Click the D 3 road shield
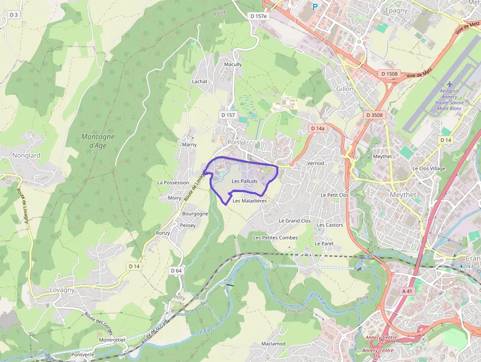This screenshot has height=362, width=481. (13, 15)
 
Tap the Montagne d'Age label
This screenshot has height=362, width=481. (98, 141)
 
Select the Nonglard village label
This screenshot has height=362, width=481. (27, 155)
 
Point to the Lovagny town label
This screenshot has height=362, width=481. (62, 290)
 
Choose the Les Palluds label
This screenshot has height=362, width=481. (244, 181)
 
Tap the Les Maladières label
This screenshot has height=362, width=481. (250, 201)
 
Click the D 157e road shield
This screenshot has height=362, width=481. (259, 16)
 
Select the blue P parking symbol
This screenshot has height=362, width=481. (315, 7)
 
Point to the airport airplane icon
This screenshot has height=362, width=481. (449, 84)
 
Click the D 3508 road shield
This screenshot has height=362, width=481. (374, 115)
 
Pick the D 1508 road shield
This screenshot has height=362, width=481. (389, 74)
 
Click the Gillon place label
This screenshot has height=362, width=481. (345, 89)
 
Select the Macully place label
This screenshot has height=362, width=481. (233, 64)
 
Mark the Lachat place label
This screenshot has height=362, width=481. (200, 82)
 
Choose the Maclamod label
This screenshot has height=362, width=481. (273, 344)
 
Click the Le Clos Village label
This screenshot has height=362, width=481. (428, 168)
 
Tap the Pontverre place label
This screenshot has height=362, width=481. (82, 355)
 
